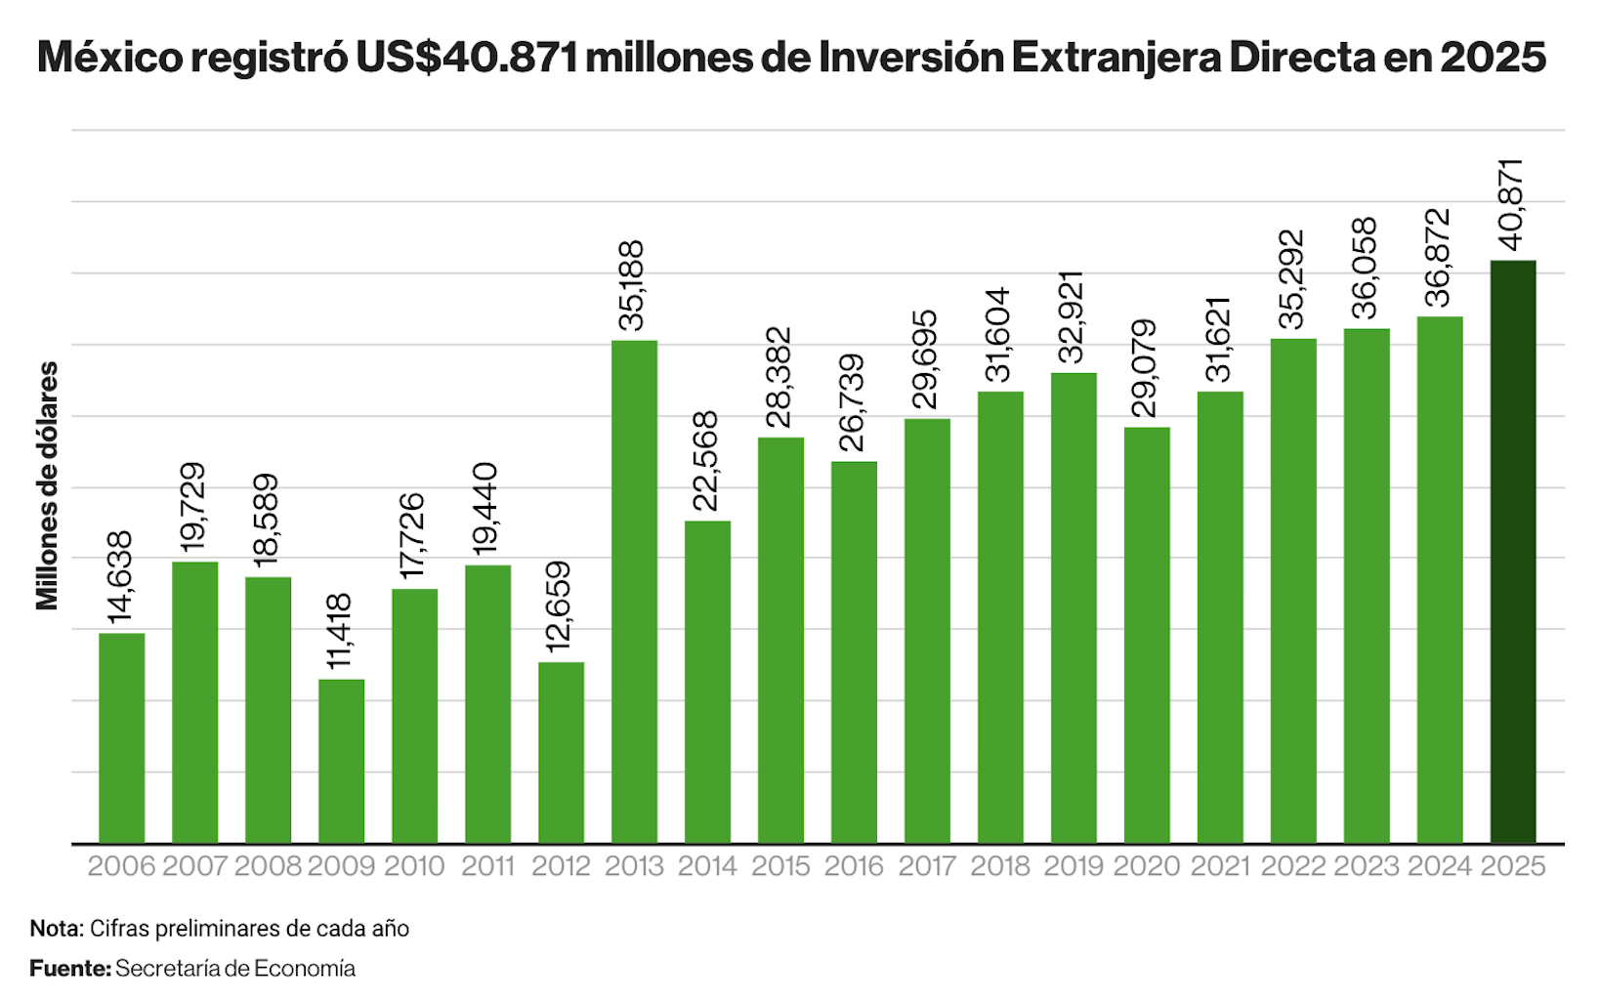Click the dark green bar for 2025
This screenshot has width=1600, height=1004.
tap(1512, 552)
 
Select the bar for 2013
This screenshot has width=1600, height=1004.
tap(634, 592)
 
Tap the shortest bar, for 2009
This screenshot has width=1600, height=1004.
tap(341, 761)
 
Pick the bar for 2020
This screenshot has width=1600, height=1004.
tap(1147, 635)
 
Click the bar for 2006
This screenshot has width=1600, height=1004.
tap(122, 738)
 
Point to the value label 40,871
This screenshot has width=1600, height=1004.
tap(1511, 206)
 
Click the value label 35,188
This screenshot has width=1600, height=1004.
tap(633, 286)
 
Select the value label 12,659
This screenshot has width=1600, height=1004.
tap(559, 607)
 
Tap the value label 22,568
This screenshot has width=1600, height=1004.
tap(705, 461)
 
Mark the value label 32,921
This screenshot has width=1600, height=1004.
tap(1072, 317)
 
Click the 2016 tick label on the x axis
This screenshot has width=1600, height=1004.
tap(854, 866)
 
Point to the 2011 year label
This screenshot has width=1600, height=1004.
tap(487, 866)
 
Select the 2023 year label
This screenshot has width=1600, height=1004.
tap(1367, 866)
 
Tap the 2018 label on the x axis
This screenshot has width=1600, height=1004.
tap(1000, 866)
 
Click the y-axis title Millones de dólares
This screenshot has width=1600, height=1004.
tap(47, 485)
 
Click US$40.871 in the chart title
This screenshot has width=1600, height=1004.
tap(467, 58)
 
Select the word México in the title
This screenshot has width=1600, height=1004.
tap(109, 58)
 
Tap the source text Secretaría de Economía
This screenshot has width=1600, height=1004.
tap(235, 968)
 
